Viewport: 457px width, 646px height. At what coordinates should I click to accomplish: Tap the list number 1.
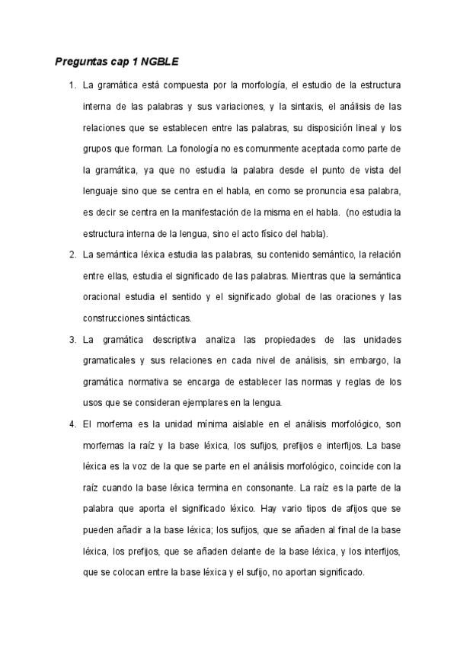(x=72, y=84)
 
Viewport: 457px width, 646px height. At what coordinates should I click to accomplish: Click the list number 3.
(x=72, y=338)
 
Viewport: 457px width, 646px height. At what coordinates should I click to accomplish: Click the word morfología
(x=258, y=84)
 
